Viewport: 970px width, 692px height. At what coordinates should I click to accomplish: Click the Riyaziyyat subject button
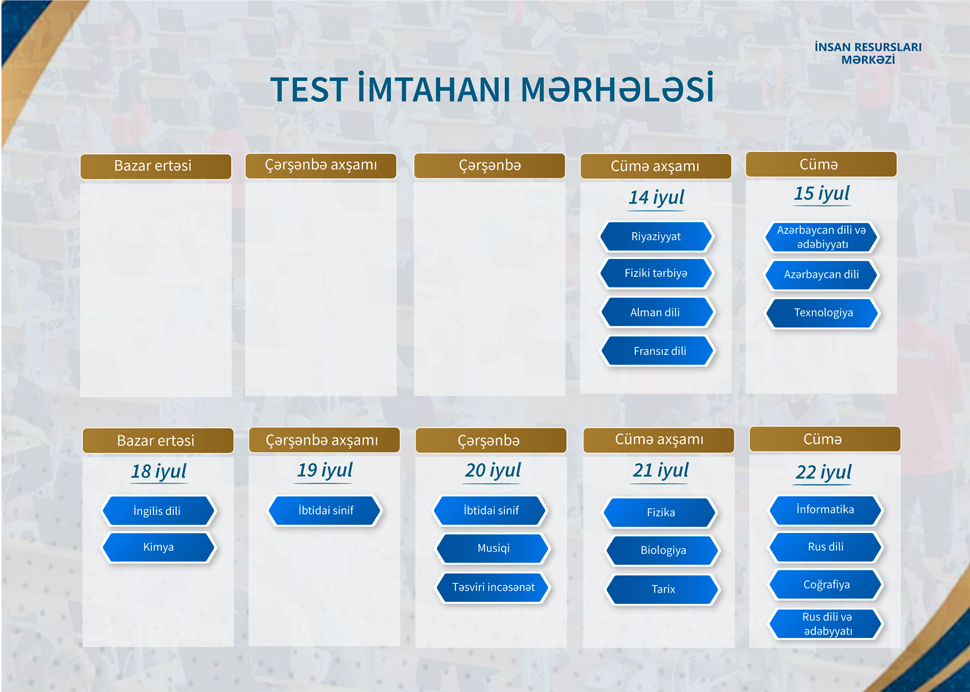coord(656,237)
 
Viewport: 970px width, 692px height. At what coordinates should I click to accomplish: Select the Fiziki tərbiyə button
coord(656,274)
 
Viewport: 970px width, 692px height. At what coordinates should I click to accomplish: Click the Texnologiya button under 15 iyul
coord(823,313)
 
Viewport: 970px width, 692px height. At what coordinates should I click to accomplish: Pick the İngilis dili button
coord(158,511)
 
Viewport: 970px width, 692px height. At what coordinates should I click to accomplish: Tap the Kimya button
coord(158,547)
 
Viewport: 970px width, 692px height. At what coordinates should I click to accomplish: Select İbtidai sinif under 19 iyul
coord(325,510)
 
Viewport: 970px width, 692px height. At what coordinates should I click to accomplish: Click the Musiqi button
coord(493,548)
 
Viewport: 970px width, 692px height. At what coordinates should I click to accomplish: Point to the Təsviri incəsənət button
coord(493,587)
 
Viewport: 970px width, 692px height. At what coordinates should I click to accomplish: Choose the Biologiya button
coord(663,550)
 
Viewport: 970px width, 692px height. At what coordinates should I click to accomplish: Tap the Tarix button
coord(663,589)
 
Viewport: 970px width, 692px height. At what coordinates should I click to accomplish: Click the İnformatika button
coord(825,510)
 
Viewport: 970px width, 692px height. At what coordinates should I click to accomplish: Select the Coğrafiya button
coord(825,585)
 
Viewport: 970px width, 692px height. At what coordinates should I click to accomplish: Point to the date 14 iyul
coord(656,197)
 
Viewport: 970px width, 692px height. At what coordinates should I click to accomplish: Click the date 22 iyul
coord(824,472)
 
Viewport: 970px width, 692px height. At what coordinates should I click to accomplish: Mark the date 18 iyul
coord(159,471)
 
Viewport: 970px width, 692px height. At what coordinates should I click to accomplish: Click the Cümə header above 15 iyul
coord(821,164)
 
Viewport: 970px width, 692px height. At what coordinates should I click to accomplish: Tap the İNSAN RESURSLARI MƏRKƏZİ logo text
coord(868,53)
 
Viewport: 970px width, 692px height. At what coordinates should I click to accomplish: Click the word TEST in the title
coord(308,90)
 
